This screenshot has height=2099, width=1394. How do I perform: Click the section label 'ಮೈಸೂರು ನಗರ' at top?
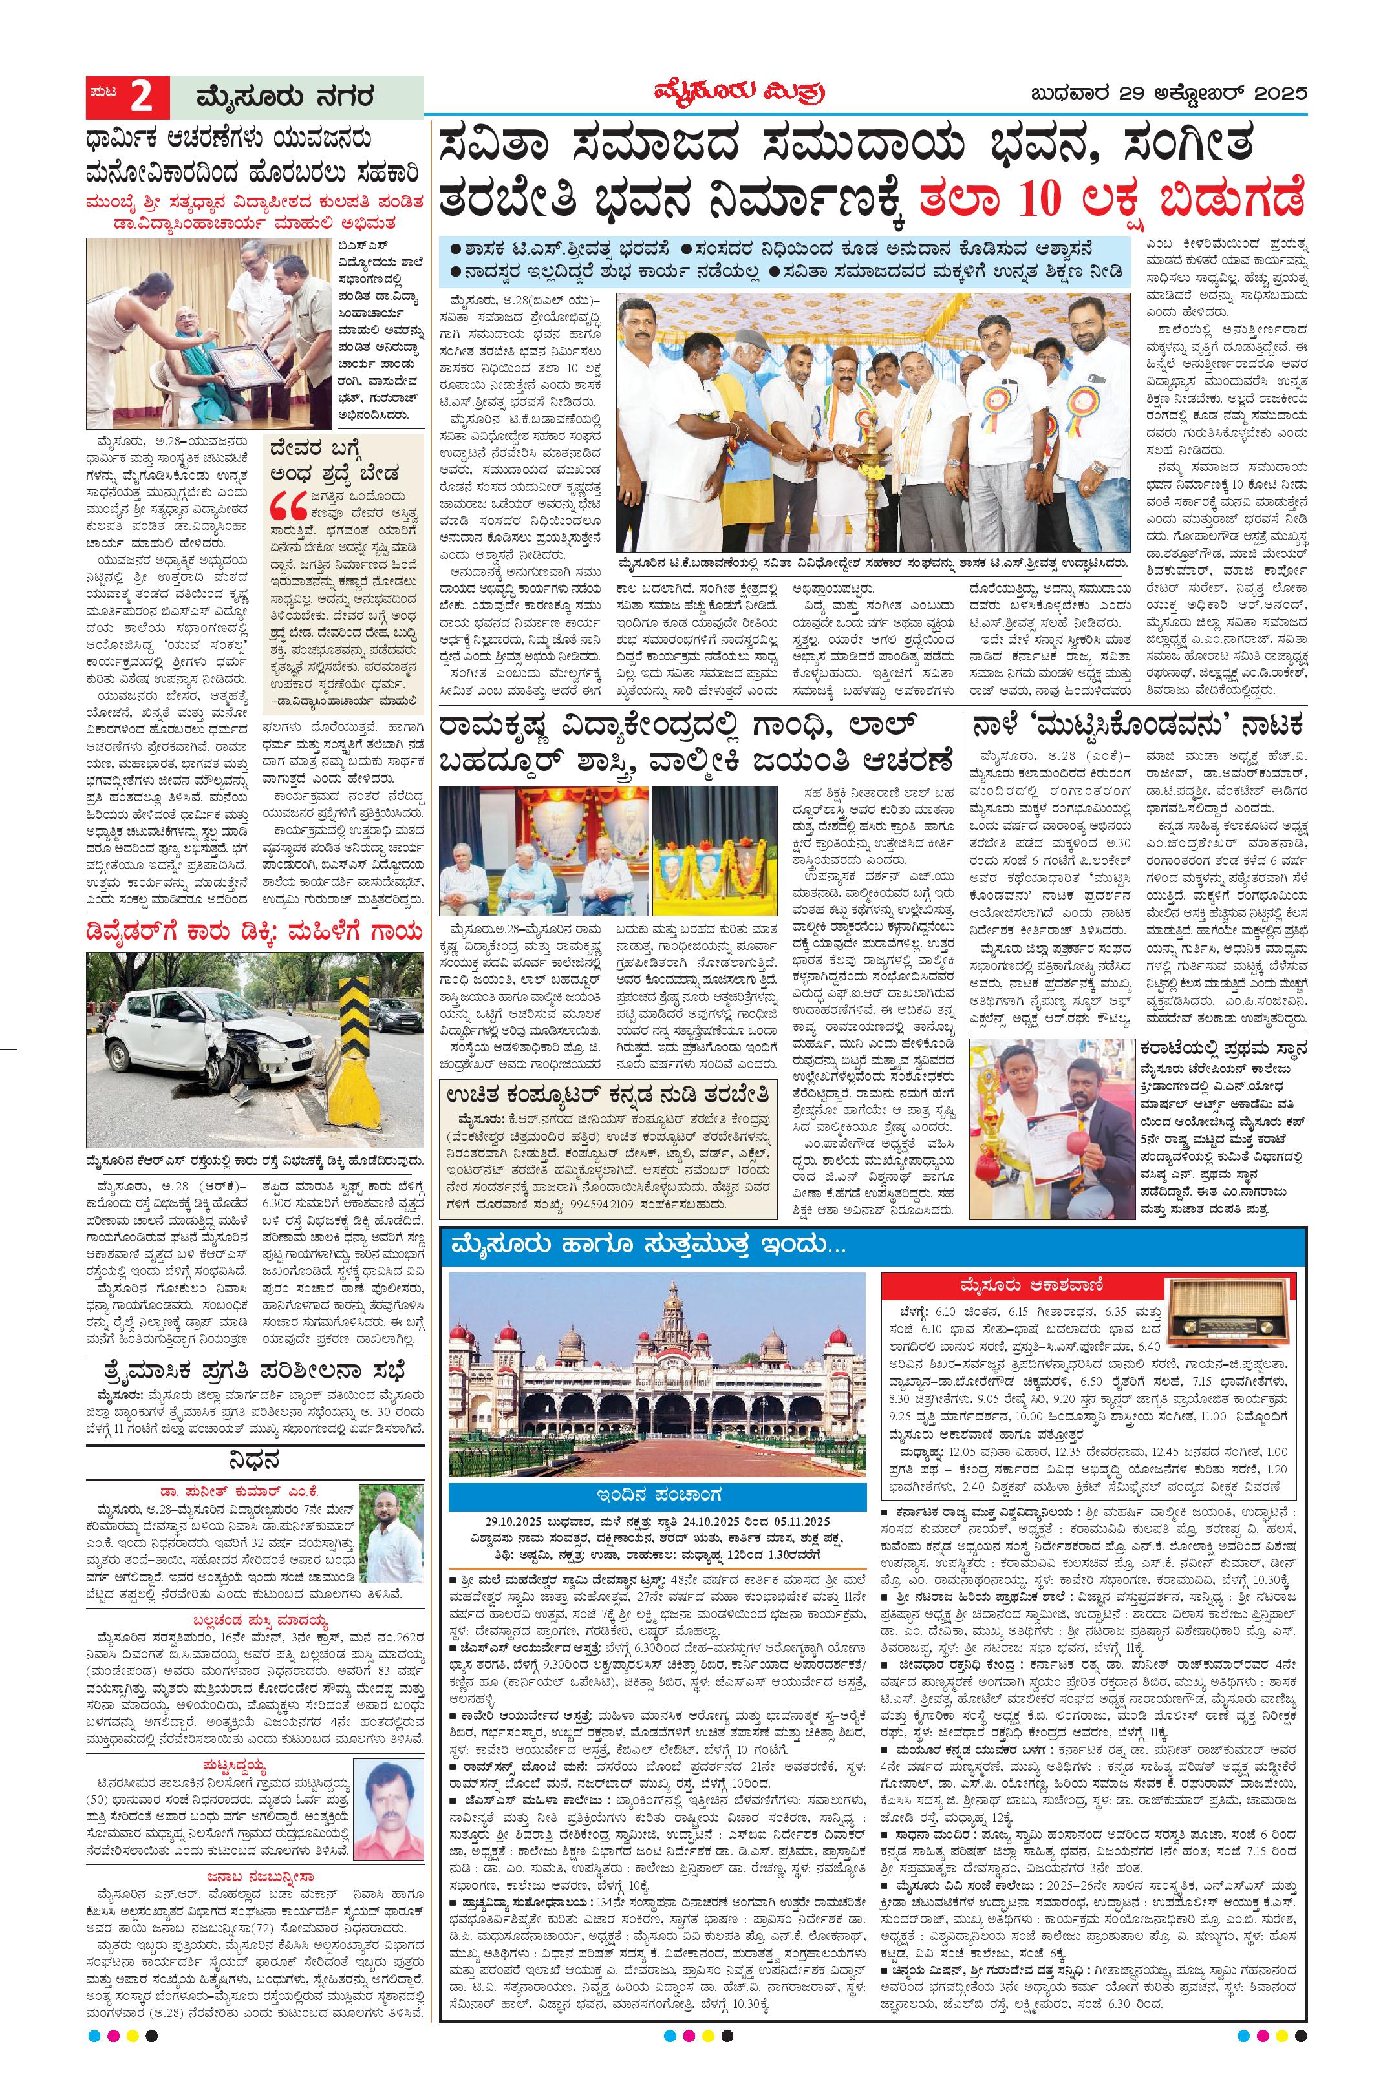[x=285, y=96]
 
